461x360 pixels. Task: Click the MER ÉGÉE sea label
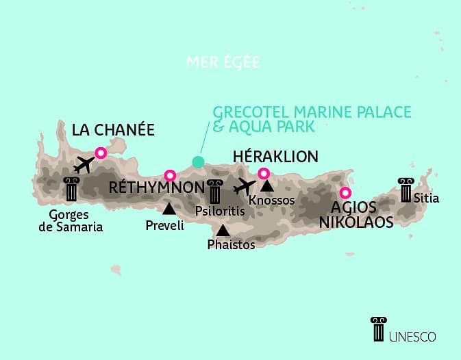click(223, 62)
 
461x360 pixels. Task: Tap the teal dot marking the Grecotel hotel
click(198, 162)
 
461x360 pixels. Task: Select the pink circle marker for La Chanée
click(101, 153)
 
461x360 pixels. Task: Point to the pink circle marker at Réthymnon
click(170, 175)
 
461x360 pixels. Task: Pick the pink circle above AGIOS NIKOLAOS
click(346, 192)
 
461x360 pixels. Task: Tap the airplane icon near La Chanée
click(84, 165)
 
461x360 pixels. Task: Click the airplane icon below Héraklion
click(244, 186)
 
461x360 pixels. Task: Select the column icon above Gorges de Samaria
click(71, 189)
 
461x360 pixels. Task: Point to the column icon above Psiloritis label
click(215, 191)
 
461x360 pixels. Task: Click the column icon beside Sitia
click(406, 188)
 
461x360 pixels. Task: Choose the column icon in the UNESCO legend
click(377, 329)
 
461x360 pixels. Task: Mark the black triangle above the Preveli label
click(169, 208)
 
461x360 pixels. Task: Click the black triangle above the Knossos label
click(266, 185)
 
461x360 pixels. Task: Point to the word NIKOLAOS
click(359, 222)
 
